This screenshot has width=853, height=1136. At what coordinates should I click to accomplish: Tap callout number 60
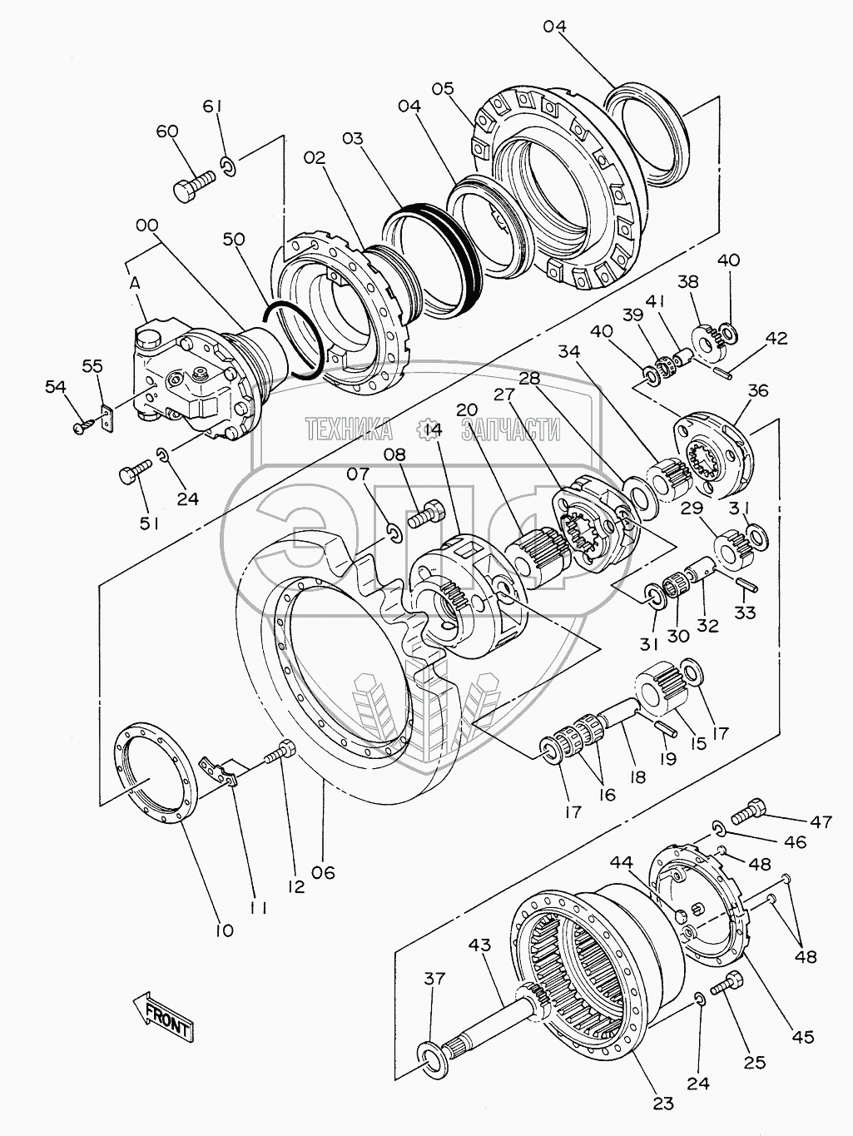167,132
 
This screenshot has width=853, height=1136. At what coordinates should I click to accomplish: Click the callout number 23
662,1104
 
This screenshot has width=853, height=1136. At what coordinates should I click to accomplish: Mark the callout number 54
55,387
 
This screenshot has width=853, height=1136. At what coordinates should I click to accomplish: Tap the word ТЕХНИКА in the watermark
350,429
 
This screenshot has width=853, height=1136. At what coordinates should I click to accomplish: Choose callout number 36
758,390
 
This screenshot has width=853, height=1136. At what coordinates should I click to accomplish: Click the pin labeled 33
746,584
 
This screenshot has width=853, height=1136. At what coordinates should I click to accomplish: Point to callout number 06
323,872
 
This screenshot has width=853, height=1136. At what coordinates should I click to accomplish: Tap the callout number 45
803,1037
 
